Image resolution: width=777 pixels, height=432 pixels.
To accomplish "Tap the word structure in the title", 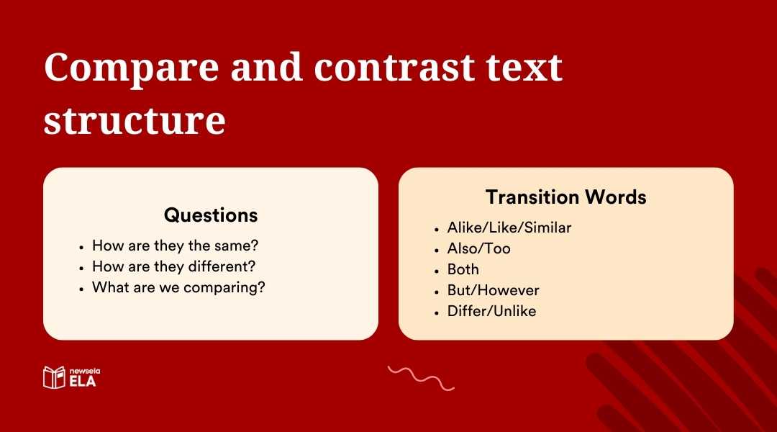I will pyautogui.click(x=135, y=120).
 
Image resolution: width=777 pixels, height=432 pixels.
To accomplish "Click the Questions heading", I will pyautogui.click(x=211, y=215).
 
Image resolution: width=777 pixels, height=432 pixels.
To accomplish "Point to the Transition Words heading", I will pyautogui.click(x=565, y=197).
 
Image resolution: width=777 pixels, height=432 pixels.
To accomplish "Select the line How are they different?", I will pyautogui.click(x=173, y=266).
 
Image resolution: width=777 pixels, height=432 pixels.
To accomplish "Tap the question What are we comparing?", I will pyautogui.click(x=178, y=287).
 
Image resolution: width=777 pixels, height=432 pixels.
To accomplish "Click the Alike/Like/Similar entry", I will pyautogui.click(x=509, y=228).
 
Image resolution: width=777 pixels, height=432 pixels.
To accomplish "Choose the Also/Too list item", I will pyautogui.click(x=478, y=248).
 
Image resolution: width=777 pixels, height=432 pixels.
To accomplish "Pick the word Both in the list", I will pyautogui.click(x=463, y=269).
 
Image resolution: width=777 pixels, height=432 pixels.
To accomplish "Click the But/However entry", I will pyautogui.click(x=493, y=290).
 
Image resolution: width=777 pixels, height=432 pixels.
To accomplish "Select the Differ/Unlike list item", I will pyautogui.click(x=491, y=311).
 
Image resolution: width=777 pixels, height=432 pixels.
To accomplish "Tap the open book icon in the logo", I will pyautogui.click(x=54, y=377).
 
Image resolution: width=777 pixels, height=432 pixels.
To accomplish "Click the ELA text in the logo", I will pyautogui.click(x=82, y=382).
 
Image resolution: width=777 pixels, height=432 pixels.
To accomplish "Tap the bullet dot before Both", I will pyautogui.click(x=437, y=270).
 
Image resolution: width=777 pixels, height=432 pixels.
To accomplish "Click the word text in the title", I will pyautogui.click(x=524, y=68).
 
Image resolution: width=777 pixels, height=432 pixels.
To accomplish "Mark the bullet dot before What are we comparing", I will pyautogui.click(x=81, y=288).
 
